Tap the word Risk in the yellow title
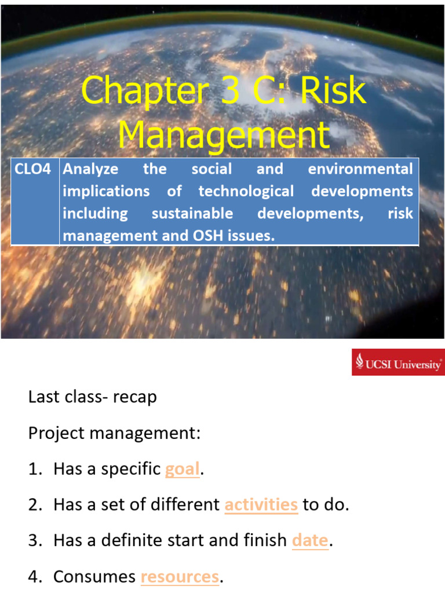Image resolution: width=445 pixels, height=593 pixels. click(x=334, y=91)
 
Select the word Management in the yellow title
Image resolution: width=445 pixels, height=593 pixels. click(x=224, y=135)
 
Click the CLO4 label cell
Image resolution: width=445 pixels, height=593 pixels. click(x=35, y=170)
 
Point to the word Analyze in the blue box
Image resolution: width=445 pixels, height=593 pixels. click(x=90, y=170)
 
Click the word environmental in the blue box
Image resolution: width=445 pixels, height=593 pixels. click(x=360, y=170)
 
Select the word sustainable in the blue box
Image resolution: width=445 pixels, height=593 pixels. click(x=192, y=213)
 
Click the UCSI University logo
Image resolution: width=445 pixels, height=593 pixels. click(x=398, y=363)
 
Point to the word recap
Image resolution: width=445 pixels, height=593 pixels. click(x=134, y=398)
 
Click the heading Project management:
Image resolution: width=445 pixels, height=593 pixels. click(x=114, y=433)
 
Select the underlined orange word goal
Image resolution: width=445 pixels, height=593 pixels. click(x=183, y=469)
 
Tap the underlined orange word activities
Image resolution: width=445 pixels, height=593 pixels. click(x=261, y=505)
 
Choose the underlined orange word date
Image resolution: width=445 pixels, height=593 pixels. click(x=310, y=541)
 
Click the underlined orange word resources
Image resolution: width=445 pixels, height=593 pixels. click(x=180, y=577)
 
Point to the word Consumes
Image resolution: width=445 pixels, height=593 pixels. click(x=94, y=577)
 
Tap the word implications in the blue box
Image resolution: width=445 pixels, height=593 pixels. click(x=106, y=191)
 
